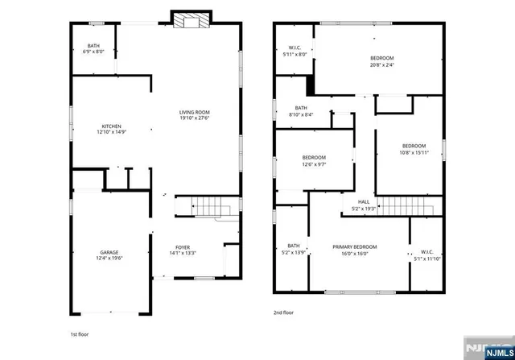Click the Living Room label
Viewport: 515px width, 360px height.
click(195, 115)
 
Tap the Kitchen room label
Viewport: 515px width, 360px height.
click(111, 129)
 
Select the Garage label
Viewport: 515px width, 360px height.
click(110, 255)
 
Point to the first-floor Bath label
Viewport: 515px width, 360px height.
click(94, 48)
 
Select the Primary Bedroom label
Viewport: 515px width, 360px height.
click(355, 250)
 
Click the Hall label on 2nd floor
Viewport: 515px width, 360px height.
click(364, 205)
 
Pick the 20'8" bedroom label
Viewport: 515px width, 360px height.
click(382, 61)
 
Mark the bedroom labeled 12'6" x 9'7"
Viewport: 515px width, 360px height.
click(314, 160)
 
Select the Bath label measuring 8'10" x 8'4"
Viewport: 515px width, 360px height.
click(301, 111)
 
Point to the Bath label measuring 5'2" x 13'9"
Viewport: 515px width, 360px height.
click(293, 250)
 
